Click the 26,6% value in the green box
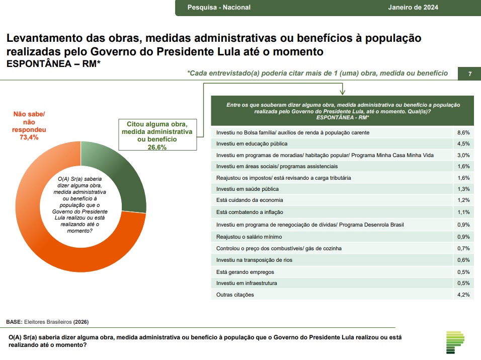157,148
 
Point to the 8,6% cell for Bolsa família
463,132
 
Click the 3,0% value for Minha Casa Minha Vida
463,155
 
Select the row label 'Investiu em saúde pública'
247,189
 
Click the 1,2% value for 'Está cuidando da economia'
463,200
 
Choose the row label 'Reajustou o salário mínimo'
249,237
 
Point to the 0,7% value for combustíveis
463,248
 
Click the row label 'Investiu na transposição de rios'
254,260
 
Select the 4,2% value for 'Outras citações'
463,295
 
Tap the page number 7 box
469,74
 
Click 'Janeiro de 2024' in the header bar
413,8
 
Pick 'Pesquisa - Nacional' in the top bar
219,8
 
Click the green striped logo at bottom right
456,342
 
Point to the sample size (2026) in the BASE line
81,322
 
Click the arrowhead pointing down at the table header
342,93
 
